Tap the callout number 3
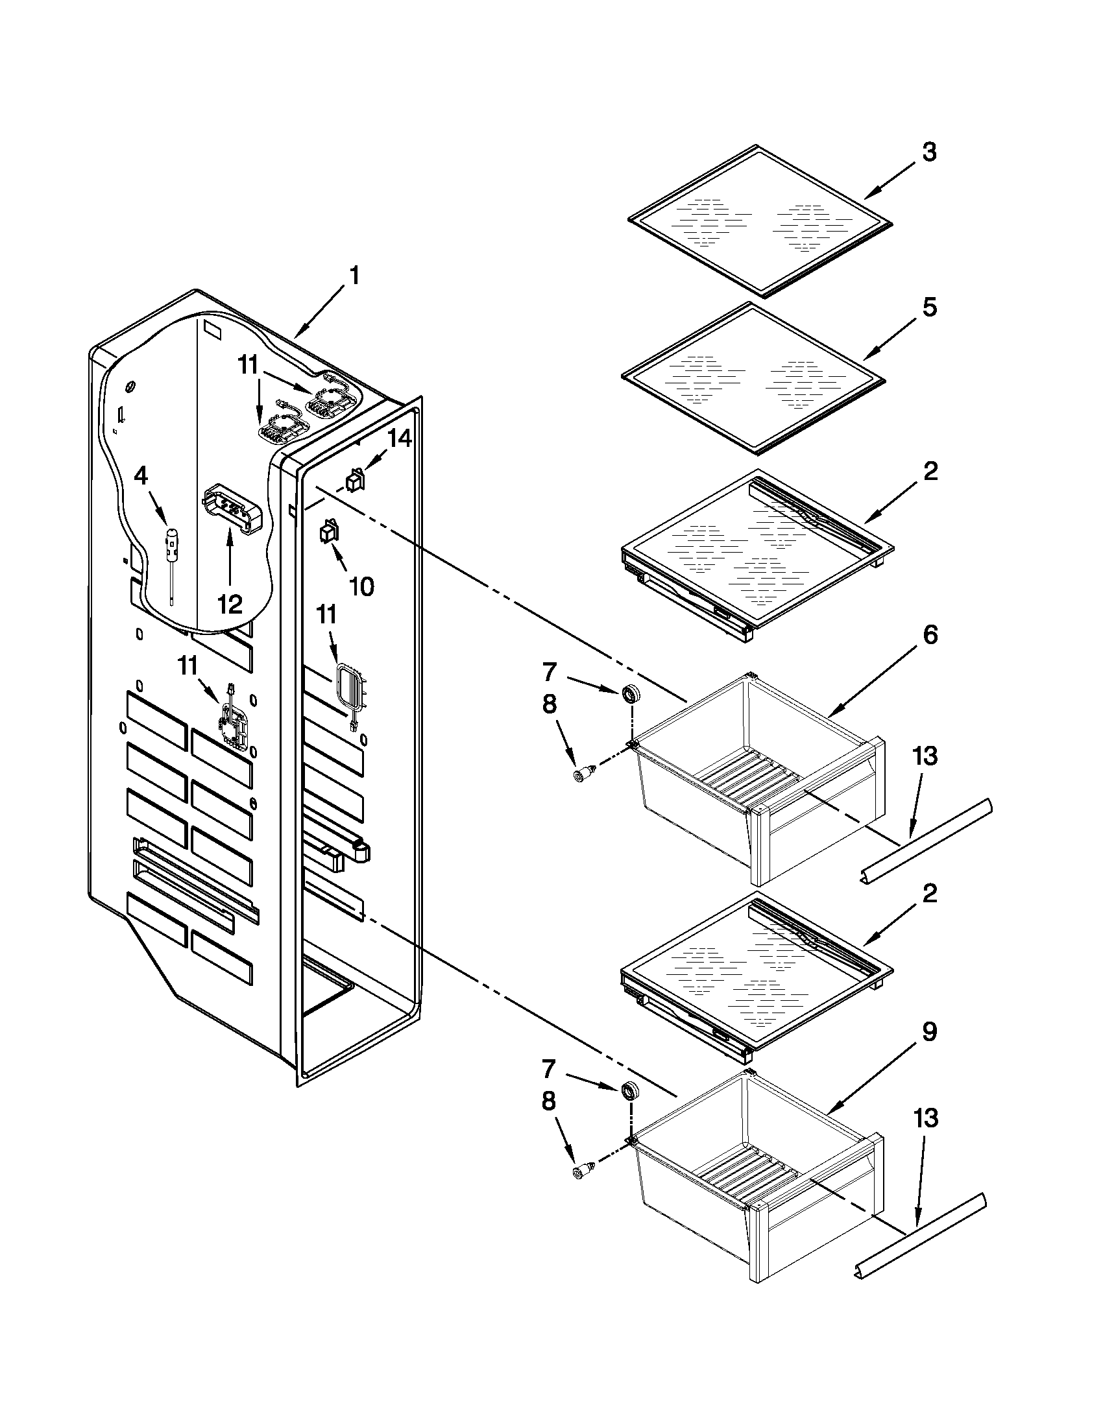click(x=928, y=153)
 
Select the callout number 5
click(x=928, y=307)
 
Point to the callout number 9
click(x=928, y=1033)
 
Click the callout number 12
click(x=229, y=604)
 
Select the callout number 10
click(x=361, y=586)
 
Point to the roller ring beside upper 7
click(x=630, y=695)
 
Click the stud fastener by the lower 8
click(x=581, y=1170)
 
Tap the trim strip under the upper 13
click(x=925, y=842)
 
